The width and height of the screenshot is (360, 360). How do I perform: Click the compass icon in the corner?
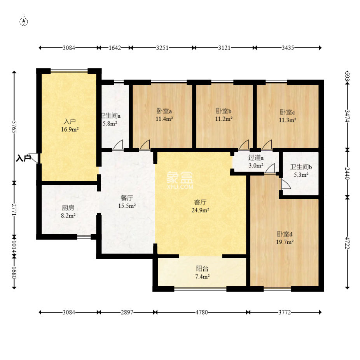[24, 22]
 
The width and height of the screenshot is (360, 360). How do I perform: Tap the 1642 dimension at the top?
[115, 48]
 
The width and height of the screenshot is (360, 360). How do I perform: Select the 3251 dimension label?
[162, 48]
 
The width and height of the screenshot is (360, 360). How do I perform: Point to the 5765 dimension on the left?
[14, 127]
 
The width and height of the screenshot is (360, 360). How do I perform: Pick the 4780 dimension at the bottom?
[202, 312]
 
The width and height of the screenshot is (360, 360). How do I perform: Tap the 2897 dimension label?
[127, 312]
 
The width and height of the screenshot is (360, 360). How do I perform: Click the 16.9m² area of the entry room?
[70, 129]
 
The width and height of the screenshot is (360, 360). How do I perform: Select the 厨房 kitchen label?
[68, 208]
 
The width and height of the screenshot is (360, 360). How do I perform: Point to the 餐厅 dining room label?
[127, 198]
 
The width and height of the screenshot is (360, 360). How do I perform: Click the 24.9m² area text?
[201, 210]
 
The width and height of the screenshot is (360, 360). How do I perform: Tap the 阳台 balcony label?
[202, 269]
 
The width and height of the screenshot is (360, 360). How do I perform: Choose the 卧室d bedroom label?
[285, 234]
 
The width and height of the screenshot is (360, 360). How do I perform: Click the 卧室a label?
[164, 111]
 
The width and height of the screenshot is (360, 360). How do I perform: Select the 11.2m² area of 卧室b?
[224, 119]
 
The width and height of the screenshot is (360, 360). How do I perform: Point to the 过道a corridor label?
[256, 158]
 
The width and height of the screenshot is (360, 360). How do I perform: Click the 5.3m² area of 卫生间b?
[301, 175]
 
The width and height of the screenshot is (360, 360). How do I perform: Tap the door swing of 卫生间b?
[286, 184]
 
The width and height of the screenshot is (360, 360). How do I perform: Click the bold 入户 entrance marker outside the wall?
[23, 158]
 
